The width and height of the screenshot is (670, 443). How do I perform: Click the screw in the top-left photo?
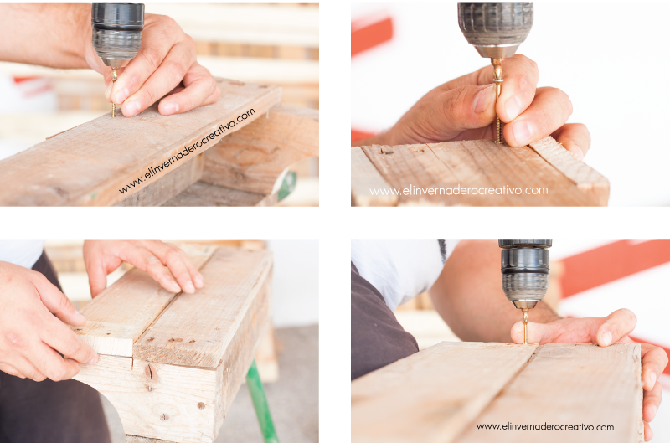[x=114, y=92]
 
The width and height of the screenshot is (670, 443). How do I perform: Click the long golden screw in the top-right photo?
[x=497, y=100]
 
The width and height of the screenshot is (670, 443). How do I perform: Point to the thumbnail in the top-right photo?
[x=484, y=98]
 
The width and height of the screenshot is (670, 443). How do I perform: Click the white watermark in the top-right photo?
[x=458, y=191]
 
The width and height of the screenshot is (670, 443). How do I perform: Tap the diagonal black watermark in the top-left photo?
[x=187, y=151]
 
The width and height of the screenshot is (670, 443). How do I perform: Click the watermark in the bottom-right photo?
[x=545, y=426]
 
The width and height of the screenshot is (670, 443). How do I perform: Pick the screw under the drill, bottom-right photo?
[x=525, y=327]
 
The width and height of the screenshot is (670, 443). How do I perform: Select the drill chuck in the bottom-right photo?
[x=525, y=273]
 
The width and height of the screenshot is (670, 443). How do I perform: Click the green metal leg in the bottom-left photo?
[x=260, y=402]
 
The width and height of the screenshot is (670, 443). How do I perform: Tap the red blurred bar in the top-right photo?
[x=371, y=36]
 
